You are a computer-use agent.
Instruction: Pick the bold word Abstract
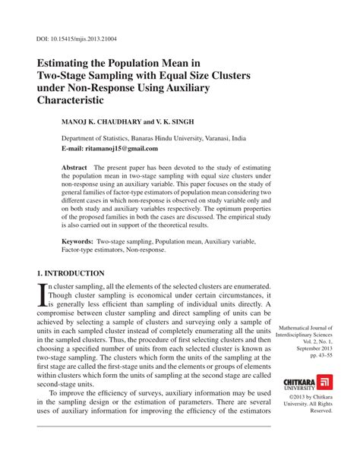[x=74, y=166]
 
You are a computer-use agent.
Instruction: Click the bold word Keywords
[x=77, y=240]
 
